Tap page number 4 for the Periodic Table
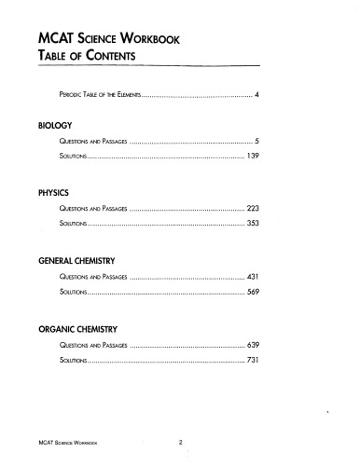click(x=256, y=96)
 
